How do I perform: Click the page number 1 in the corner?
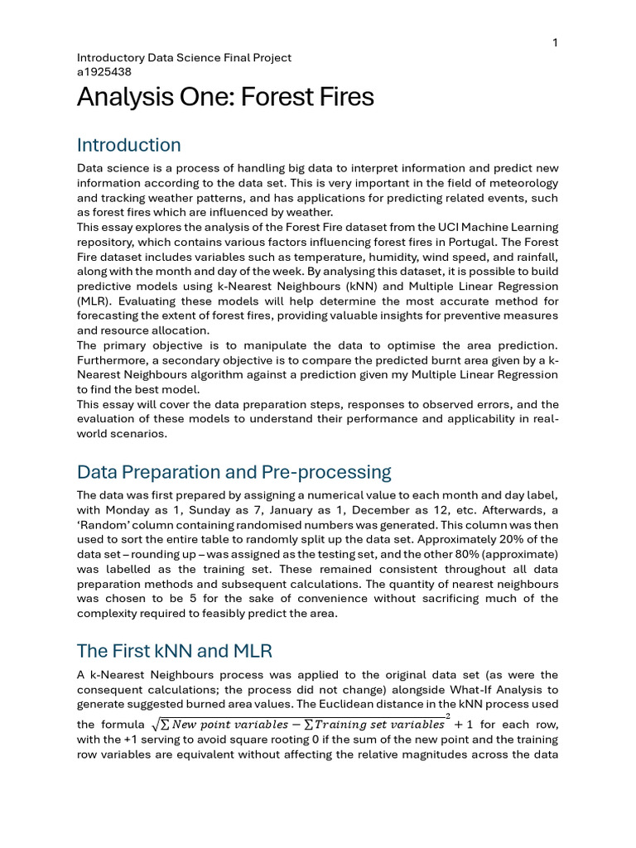click(555, 43)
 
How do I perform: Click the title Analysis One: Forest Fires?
click(225, 98)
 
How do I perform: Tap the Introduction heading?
click(128, 145)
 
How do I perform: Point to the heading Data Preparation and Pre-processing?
click(234, 472)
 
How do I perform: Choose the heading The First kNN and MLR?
click(174, 650)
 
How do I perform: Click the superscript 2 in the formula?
click(448, 715)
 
